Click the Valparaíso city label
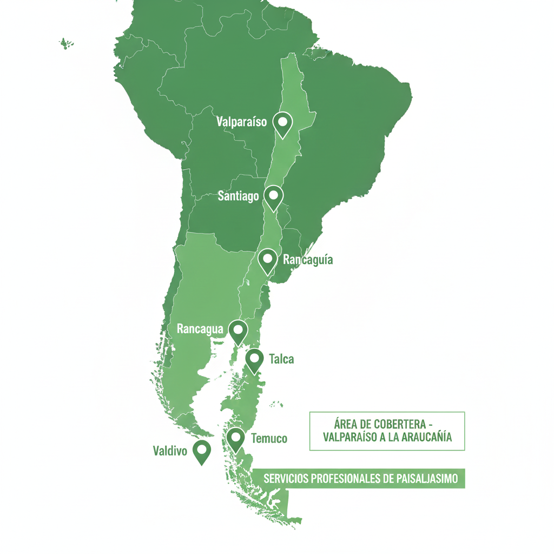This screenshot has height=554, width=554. (241, 122)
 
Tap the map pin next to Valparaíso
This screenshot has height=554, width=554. (282, 123)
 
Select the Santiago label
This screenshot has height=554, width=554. (238, 196)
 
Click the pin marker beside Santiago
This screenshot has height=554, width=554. (274, 196)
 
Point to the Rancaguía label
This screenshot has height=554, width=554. (308, 260)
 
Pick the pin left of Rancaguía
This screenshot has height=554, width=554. (267, 260)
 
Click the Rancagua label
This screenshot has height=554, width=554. (200, 329)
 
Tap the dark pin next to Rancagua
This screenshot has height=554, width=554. (238, 331)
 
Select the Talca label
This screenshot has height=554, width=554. (281, 359)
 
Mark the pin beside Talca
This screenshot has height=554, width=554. (254, 360)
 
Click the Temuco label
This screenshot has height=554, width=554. (269, 438)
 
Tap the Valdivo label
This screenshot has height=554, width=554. (170, 450)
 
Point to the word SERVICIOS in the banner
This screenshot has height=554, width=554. (286, 479)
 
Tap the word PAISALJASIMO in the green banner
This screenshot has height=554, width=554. (427, 479)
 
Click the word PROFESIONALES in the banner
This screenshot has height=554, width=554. (345, 479)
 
